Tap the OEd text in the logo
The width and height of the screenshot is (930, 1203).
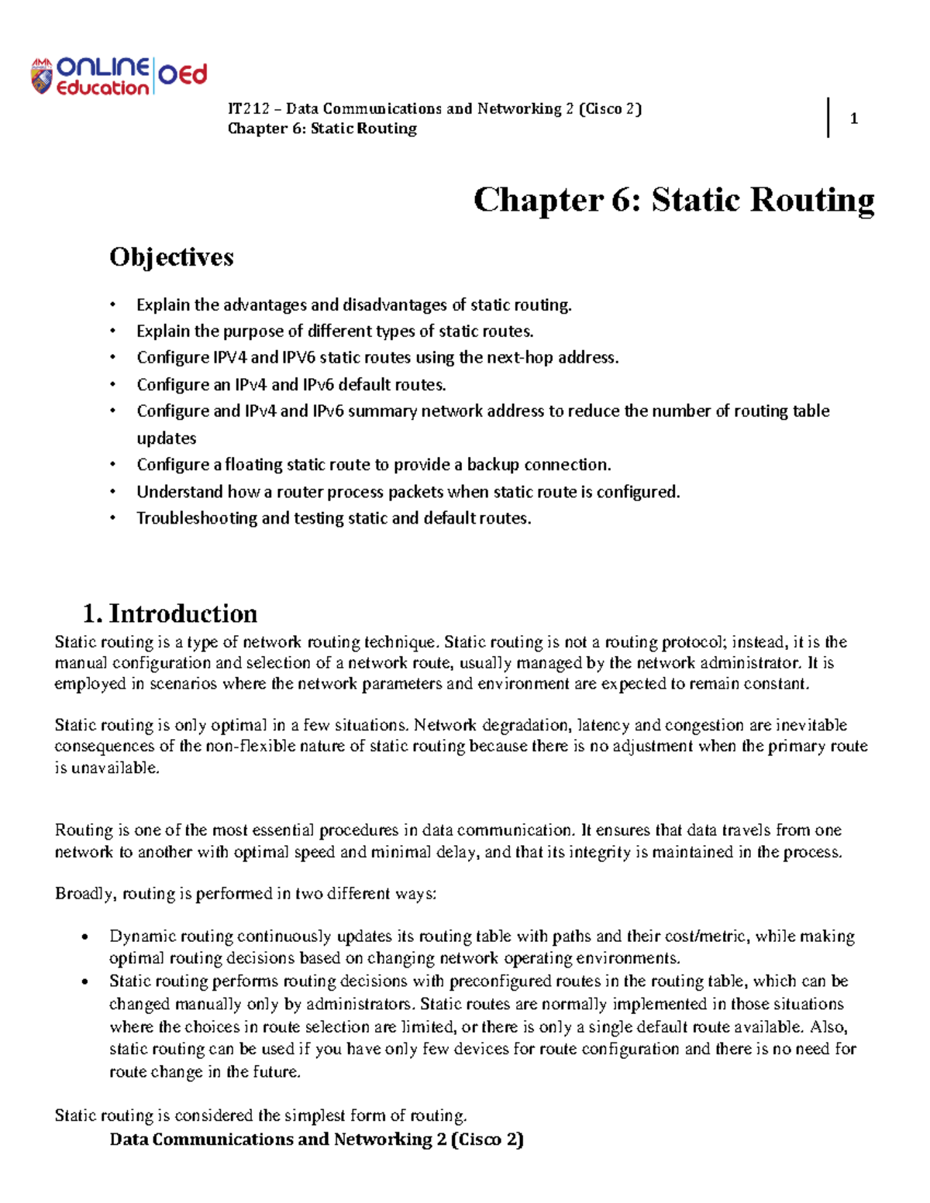[x=183, y=75]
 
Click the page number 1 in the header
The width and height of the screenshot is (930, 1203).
[x=853, y=119]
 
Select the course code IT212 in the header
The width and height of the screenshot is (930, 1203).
[x=247, y=108]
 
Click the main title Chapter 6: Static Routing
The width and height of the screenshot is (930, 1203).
[x=673, y=200]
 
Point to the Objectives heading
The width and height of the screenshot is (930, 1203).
[x=171, y=257]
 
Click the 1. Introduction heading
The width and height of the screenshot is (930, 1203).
[x=170, y=614]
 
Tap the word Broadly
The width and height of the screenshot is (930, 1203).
[x=85, y=894]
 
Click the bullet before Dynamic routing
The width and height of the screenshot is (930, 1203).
[x=86, y=937]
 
